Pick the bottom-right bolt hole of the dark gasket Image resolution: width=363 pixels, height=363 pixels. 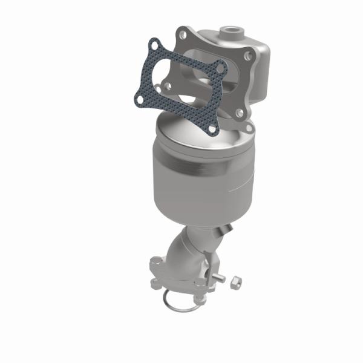pos(211,127)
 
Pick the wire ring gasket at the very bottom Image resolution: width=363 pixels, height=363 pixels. pos(179,303)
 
